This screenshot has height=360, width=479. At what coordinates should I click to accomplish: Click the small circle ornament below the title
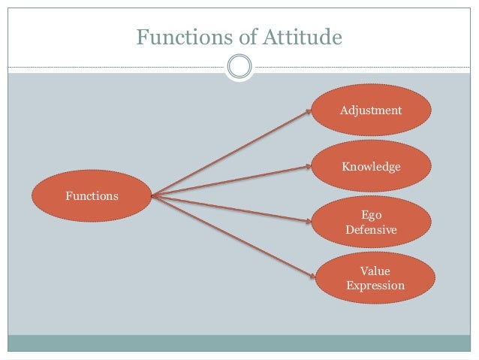(x=239, y=68)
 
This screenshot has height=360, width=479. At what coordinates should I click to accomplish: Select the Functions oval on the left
(x=92, y=196)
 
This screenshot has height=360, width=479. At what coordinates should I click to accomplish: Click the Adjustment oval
(x=371, y=110)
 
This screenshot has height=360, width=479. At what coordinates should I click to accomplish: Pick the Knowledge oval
(x=371, y=166)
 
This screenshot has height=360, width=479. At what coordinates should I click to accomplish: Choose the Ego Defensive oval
(x=371, y=222)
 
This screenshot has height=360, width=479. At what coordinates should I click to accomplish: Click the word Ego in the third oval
(x=371, y=215)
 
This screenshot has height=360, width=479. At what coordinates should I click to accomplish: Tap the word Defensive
(x=371, y=229)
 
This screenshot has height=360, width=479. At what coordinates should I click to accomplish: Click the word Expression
(x=375, y=286)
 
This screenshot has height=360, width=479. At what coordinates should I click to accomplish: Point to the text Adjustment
(x=371, y=110)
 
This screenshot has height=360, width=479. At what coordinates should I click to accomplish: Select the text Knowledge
(x=371, y=166)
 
